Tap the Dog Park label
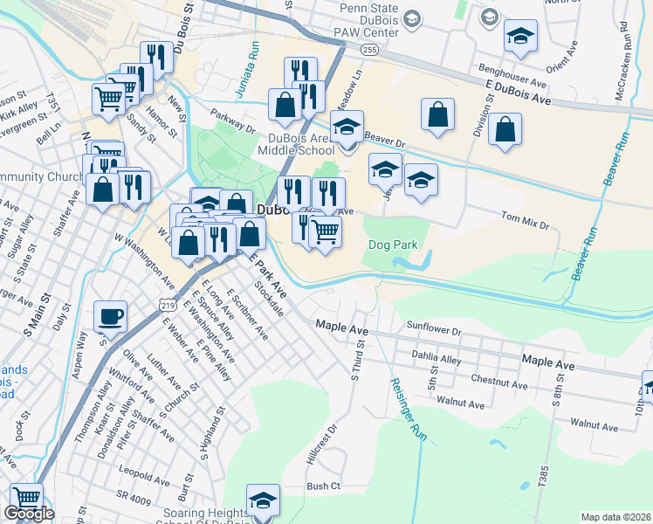pyautogui.click(x=388, y=246)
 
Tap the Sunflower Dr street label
pyautogui.click(x=433, y=330)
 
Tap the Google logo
pyautogui.click(x=29, y=514)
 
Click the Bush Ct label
pyautogui.click(x=322, y=486)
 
